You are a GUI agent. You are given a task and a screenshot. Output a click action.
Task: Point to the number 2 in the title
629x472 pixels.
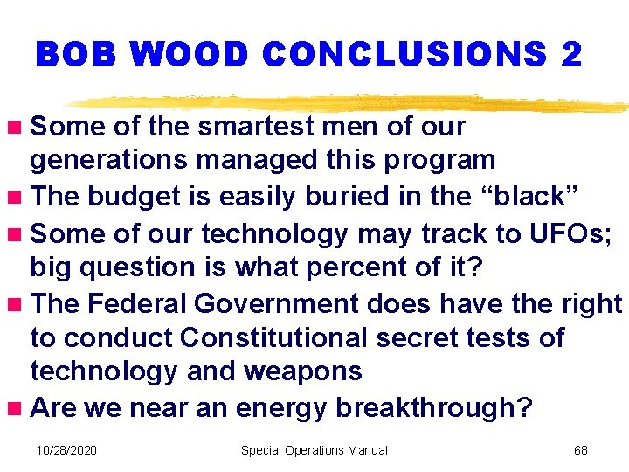click(570, 55)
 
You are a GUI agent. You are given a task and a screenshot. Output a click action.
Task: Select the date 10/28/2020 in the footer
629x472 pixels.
click(66, 450)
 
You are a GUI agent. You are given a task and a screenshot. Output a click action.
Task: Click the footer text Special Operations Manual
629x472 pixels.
click(314, 450)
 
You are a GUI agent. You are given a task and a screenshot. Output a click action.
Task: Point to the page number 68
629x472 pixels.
click(580, 450)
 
